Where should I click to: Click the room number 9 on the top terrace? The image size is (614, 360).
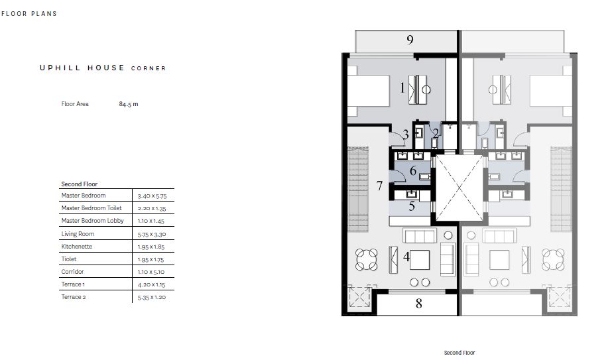pyautogui.click(x=410, y=40)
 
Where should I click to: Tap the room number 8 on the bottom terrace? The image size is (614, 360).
pyautogui.click(x=419, y=304)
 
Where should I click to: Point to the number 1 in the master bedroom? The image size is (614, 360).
pyautogui.click(x=402, y=88)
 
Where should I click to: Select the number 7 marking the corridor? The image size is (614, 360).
pyautogui.click(x=379, y=186)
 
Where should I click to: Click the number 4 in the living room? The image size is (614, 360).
pyautogui.click(x=406, y=257)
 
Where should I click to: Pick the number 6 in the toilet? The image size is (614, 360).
pyautogui.click(x=412, y=171)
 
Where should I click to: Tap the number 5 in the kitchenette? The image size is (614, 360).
pyautogui.click(x=412, y=206)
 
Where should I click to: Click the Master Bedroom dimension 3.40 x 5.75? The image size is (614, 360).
pyautogui.click(x=152, y=196)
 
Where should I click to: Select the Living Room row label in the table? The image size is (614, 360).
pyautogui.click(x=78, y=234)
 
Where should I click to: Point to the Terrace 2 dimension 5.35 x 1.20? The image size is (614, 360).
pyautogui.click(x=152, y=297)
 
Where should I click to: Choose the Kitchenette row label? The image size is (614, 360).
pyautogui.click(x=77, y=247)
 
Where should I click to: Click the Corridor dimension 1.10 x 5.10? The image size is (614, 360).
pyautogui.click(x=151, y=272)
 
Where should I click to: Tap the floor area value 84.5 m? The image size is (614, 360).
pyautogui.click(x=129, y=104)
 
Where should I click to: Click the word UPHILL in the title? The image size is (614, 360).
pyautogui.click(x=60, y=68)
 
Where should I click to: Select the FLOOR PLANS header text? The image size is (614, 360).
pyautogui.click(x=29, y=14)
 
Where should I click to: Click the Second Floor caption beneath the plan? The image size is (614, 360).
pyautogui.click(x=460, y=353)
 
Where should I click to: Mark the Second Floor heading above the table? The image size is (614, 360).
pyautogui.click(x=79, y=184)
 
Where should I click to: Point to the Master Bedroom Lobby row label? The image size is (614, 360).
pyautogui.click(x=92, y=221)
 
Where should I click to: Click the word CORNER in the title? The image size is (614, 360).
pyautogui.click(x=149, y=68)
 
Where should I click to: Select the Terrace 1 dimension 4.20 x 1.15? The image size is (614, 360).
pyautogui.click(x=151, y=285)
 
